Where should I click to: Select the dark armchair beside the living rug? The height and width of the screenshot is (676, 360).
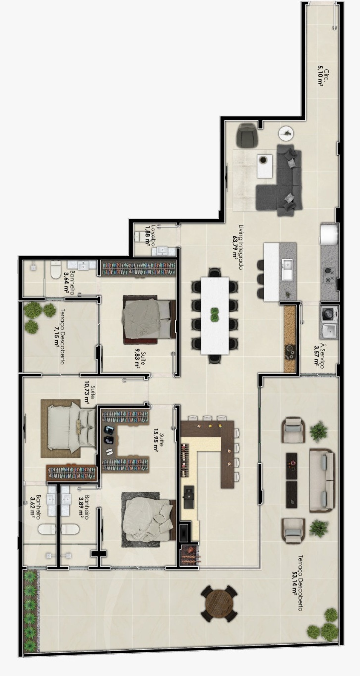point(247,134)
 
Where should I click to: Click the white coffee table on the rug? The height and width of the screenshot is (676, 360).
point(265,166)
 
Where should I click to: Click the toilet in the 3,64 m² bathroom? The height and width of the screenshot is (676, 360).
point(55,269)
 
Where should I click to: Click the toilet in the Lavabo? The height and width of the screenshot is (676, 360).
point(140,236)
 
